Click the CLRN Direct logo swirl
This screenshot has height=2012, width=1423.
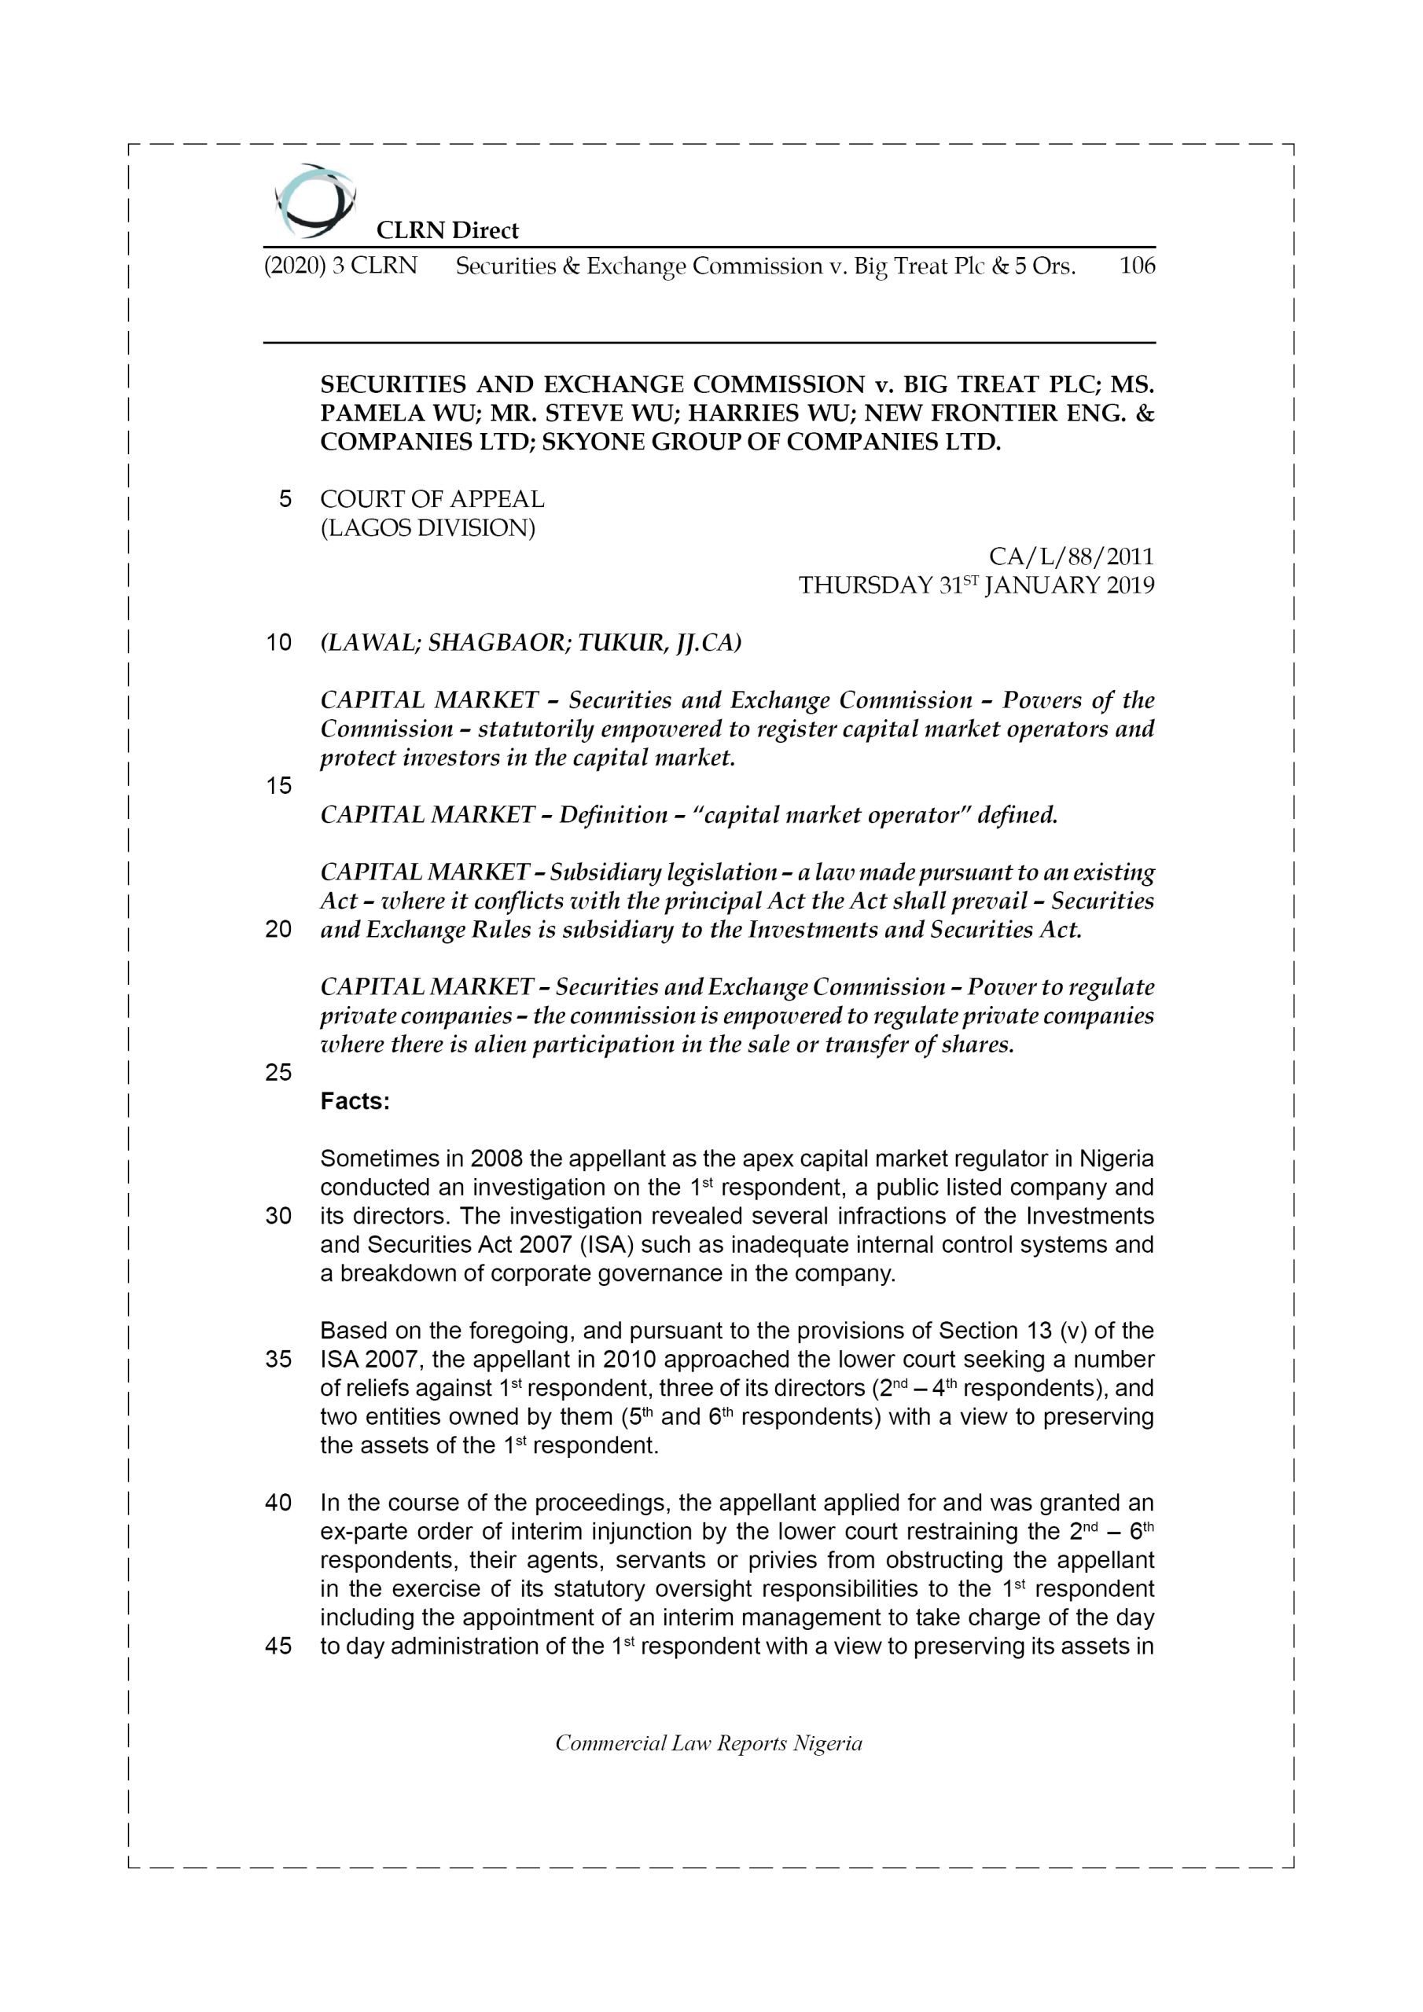point(314,201)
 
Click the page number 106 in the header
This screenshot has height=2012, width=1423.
point(1137,266)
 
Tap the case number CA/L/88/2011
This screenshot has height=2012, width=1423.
point(1071,556)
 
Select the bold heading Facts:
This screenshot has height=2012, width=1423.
point(355,1102)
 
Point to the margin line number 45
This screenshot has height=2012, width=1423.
point(278,1647)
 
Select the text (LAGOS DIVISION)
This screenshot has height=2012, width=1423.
point(427,528)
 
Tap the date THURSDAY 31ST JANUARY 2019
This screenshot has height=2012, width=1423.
point(976,586)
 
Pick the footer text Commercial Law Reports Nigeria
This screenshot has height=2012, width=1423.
point(708,1743)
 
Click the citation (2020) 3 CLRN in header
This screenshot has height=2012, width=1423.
point(340,266)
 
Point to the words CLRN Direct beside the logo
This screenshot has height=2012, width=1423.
point(447,230)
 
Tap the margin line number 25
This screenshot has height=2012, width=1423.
point(278,1073)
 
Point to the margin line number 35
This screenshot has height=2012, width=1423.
point(278,1360)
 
